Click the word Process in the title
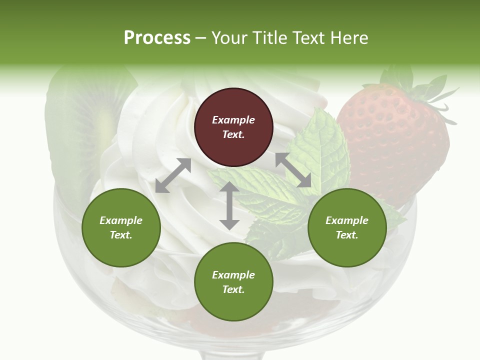[x=157, y=38]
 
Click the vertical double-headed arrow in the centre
[x=229, y=205]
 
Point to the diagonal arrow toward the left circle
[x=173, y=175]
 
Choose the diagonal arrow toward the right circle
[x=293, y=170]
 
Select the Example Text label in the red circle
[x=233, y=127]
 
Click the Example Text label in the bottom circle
[x=233, y=282]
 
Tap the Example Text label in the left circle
[x=121, y=227]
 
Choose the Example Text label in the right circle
[x=347, y=227]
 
